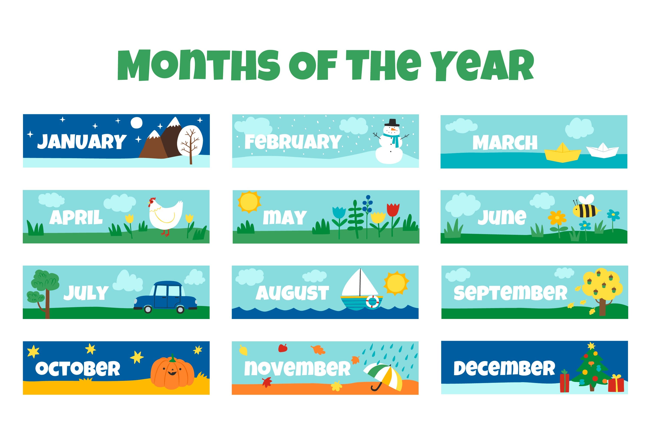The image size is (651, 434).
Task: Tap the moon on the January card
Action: tap(136, 123)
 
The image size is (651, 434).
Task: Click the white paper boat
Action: tap(602, 151)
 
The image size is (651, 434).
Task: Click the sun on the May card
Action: tap(249, 202)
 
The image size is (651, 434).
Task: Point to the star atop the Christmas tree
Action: tap(591, 346)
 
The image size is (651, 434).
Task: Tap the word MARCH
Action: tap(505, 142)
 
